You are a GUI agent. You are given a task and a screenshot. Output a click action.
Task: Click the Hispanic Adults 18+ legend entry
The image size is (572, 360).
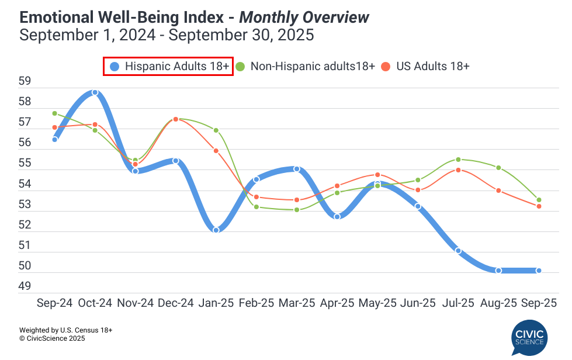(169, 66)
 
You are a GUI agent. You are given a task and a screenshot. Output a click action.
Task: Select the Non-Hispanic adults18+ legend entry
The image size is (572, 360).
(307, 66)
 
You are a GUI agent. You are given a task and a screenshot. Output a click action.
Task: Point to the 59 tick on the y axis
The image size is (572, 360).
(25, 81)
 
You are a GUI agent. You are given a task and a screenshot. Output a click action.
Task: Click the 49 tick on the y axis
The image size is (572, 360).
(25, 286)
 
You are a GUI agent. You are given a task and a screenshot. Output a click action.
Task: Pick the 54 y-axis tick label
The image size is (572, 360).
(25, 184)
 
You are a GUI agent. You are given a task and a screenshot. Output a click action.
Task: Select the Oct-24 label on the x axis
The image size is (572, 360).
(95, 303)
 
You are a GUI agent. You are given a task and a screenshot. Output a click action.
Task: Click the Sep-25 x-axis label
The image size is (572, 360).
(538, 303)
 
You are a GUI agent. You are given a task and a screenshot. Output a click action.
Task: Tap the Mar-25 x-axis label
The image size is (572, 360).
(297, 303)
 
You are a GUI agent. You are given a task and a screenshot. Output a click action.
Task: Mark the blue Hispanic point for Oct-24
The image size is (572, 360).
(95, 92)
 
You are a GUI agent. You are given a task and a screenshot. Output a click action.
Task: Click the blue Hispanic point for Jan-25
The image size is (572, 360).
(216, 230)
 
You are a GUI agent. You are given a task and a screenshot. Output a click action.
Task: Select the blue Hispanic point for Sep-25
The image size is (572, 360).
(539, 271)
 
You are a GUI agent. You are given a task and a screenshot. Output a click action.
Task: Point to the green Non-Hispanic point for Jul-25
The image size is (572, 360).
(458, 160)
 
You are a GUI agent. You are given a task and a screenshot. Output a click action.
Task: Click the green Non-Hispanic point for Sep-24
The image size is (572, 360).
(54, 113)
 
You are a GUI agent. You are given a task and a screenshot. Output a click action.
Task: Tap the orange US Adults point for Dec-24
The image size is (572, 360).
(175, 119)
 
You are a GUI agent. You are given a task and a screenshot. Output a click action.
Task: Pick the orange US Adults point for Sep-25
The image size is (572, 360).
(539, 206)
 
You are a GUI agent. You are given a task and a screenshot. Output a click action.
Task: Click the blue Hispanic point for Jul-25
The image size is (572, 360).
(458, 251)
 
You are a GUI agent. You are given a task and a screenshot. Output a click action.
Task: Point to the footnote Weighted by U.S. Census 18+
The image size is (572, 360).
(65, 330)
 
